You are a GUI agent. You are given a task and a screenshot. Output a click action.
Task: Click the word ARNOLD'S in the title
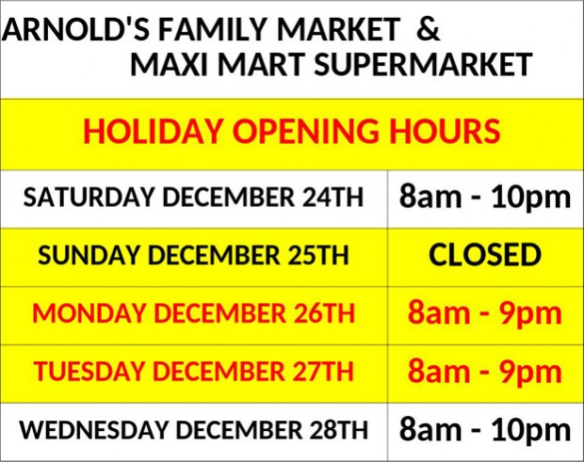pyautogui.click(x=76, y=29)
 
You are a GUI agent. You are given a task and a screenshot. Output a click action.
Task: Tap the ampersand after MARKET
pyautogui.click(x=428, y=29)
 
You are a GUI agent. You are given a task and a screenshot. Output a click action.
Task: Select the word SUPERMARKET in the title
pyautogui.click(x=423, y=64)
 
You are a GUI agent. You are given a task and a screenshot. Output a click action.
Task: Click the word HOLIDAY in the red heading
pyautogui.click(x=153, y=131)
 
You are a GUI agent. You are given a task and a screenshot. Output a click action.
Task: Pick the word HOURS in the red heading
pyautogui.click(x=445, y=131)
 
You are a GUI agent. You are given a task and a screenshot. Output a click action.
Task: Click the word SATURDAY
pyautogui.click(x=89, y=197)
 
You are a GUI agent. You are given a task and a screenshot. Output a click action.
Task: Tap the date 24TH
pyautogui.click(x=333, y=197)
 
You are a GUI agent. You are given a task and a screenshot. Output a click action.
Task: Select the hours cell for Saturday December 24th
pyautogui.click(x=485, y=198)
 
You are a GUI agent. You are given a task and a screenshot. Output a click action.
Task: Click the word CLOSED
pyautogui.click(x=485, y=255)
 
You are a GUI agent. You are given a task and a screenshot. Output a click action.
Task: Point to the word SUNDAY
pyautogui.click(x=88, y=255)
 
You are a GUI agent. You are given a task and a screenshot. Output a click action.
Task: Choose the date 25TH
pyautogui.click(x=317, y=255)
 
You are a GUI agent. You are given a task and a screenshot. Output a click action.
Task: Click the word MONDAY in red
pyautogui.click(x=89, y=313)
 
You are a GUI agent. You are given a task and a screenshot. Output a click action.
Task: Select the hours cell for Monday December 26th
pyautogui.click(x=485, y=313)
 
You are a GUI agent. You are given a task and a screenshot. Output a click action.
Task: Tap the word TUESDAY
pyautogui.click(x=89, y=372)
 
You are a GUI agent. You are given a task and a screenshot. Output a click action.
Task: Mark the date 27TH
pyautogui.click(x=322, y=372)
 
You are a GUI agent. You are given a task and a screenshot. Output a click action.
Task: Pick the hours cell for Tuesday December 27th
pyautogui.click(x=485, y=372)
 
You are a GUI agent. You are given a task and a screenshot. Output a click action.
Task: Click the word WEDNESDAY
pyautogui.click(x=93, y=430)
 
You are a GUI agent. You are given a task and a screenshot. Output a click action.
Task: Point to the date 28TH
pyautogui.click(x=337, y=430)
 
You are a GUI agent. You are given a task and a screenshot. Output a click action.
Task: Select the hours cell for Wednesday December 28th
pyautogui.click(x=485, y=430)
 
